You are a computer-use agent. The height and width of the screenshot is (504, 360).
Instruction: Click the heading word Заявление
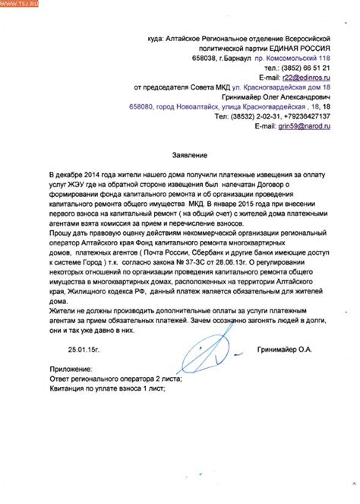pos(182,155)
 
